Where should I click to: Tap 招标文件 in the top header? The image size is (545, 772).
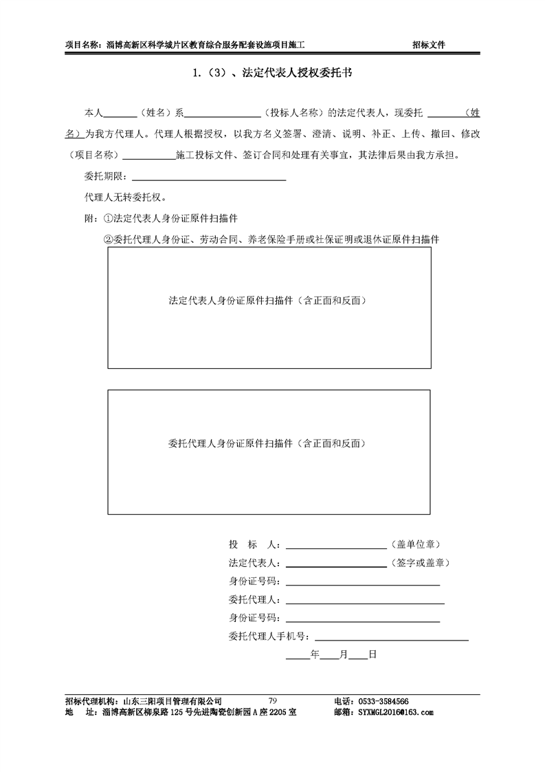(429, 45)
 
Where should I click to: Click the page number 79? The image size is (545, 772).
(272, 700)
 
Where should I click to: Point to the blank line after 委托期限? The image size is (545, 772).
(208, 180)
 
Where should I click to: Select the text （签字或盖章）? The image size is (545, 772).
(420, 563)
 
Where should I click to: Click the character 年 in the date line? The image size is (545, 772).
(315, 654)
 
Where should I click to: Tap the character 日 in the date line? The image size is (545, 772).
(372, 654)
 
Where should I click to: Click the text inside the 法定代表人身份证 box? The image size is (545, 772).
(269, 301)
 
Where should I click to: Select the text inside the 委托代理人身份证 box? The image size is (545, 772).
(267, 444)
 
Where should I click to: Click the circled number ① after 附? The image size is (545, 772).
(107, 219)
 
